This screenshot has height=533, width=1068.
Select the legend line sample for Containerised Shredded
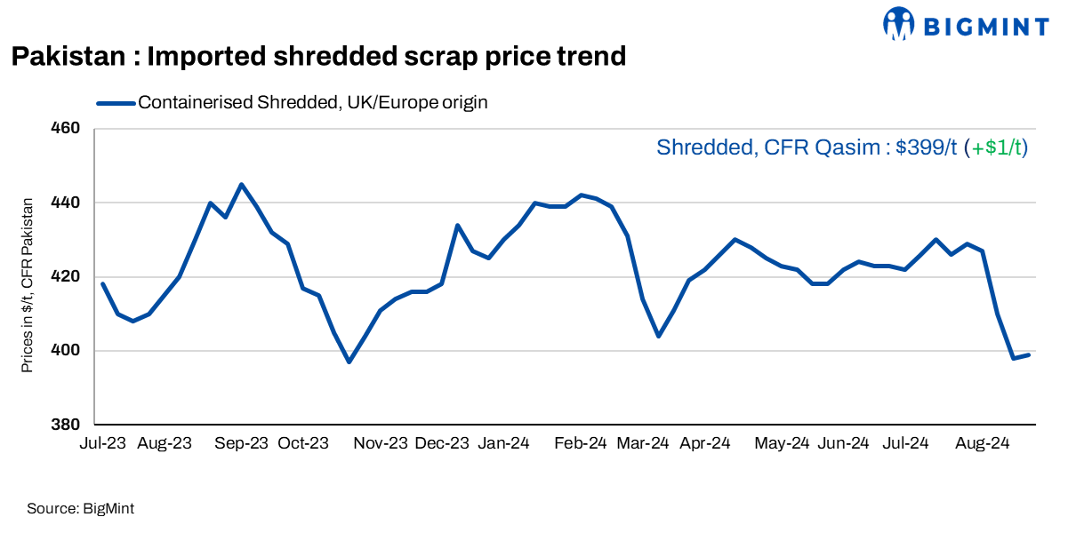click(116, 103)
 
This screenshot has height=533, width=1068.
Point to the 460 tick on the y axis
click(68, 129)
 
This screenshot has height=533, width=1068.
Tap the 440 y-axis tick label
click(68, 203)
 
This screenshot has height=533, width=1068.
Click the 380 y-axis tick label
click(68, 425)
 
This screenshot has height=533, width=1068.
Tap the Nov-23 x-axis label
click(386, 442)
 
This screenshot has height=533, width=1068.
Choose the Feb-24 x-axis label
click(580, 442)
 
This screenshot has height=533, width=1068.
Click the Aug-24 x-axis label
click(982, 442)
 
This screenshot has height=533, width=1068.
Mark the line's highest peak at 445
click(242, 185)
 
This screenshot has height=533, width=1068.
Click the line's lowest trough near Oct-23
click(349, 362)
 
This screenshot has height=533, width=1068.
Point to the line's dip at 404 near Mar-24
click(658, 336)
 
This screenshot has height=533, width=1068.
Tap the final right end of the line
click(1029, 354)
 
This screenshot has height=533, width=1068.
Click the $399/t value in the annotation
click(927, 147)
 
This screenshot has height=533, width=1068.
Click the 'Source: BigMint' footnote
click(80, 508)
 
